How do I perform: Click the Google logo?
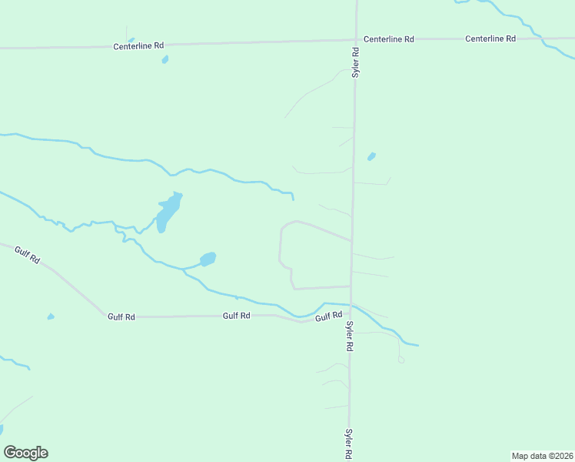pos(25,453)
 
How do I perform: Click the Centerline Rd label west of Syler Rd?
pos(139,45)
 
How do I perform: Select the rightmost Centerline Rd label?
pos(490,38)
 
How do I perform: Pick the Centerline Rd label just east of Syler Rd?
pos(389,38)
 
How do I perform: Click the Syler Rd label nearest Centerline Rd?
pos(356,63)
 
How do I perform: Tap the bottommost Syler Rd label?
pos(349,444)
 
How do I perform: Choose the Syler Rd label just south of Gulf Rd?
pos(349,337)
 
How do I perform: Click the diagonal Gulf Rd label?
pos(27,255)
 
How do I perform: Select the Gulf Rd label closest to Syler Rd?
pos(327,316)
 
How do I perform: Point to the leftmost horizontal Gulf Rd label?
pos(121,316)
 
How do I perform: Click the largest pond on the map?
pos(168,211)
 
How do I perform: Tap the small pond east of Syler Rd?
pos(372,156)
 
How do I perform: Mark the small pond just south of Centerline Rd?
pos(165,59)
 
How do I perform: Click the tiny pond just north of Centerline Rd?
pos(131,40)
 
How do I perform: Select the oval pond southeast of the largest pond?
pos(208,259)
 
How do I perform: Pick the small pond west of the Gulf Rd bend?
pos(51,316)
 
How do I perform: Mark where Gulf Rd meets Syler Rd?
pos(351,307)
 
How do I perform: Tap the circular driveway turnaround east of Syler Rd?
pos(401,360)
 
